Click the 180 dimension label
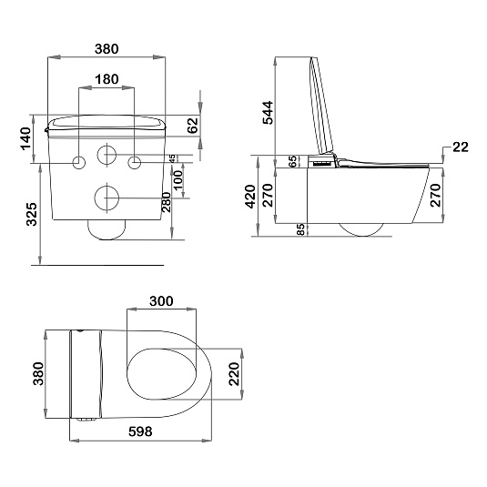coord(107,79)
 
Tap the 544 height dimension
coord(268,113)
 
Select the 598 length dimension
coord(140,431)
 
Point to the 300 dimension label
coord(161,301)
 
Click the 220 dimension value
coord(235,374)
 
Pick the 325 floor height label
coord(32,214)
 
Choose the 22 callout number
coord(461,147)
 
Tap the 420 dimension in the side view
coord(250,197)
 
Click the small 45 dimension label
coord(173,158)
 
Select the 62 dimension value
coord(193,126)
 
